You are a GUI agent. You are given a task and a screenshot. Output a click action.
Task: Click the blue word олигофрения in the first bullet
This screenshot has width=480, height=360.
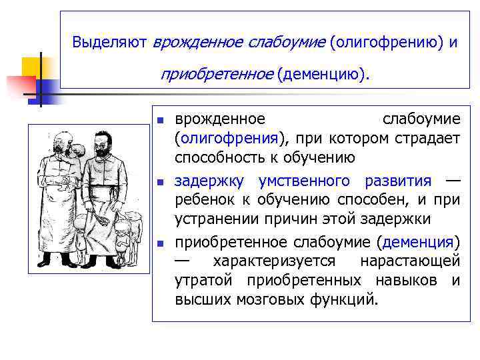[x=229, y=139]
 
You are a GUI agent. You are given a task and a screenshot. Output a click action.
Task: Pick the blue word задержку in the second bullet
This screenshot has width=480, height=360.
[x=207, y=181]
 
